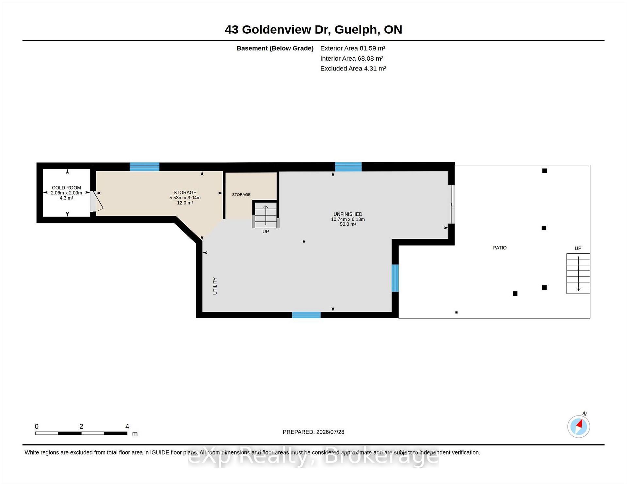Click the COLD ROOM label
66,188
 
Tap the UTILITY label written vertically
215,286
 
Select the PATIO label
500,248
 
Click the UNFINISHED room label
348,214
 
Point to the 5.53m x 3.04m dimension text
185,198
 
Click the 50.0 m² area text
348,224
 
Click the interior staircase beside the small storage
266,215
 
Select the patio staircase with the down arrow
578,273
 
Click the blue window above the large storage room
144,167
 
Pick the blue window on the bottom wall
306,315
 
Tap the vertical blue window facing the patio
395,278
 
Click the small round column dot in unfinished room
304,241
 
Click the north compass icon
579,426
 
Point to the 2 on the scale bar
81,426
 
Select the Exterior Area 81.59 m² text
353,48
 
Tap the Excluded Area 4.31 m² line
353,68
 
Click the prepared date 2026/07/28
330,432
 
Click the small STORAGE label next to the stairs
241,195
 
